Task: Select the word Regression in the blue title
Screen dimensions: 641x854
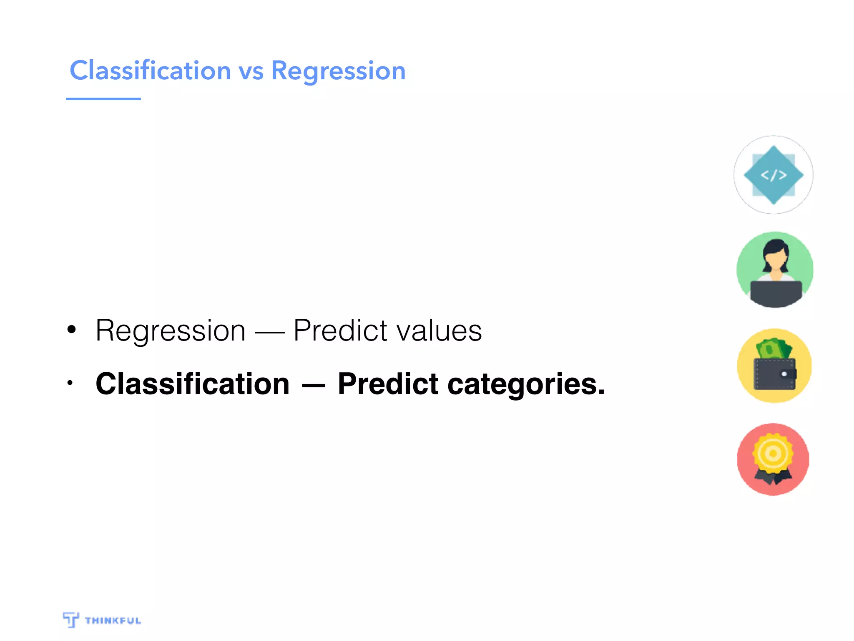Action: point(338,71)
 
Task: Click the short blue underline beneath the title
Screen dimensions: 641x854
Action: point(103,99)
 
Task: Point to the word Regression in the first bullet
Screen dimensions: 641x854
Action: point(171,331)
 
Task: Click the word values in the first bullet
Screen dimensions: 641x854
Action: point(439,331)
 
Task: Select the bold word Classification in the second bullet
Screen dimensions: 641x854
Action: point(192,384)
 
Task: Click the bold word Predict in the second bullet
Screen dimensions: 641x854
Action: point(388,384)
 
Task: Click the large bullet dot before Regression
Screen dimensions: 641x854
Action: point(72,330)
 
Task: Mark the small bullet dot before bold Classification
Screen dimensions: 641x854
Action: point(70,383)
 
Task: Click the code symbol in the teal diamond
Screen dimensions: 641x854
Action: point(774,175)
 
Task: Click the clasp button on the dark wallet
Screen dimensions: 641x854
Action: point(784,374)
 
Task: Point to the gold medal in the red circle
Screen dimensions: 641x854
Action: point(773,454)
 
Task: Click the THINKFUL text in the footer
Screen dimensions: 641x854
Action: point(113,621)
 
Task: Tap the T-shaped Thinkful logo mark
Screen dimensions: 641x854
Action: point(71,619)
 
